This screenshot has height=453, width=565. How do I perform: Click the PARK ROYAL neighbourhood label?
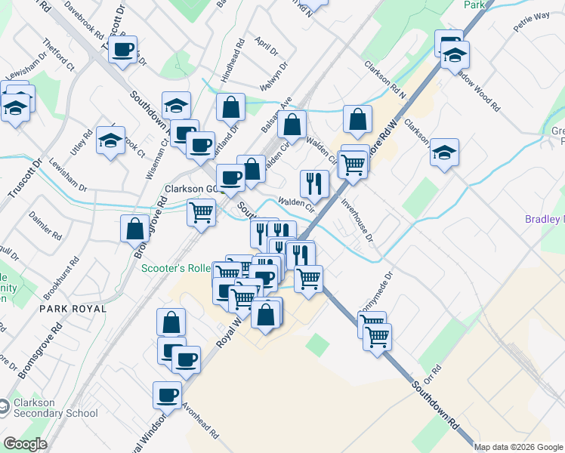[75, 309]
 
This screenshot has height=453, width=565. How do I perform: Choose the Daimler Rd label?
[45, 224]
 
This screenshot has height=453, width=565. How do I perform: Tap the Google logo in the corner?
[25, 444]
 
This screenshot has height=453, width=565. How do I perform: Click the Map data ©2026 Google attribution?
[518, 447]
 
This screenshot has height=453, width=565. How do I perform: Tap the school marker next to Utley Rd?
[110, 140]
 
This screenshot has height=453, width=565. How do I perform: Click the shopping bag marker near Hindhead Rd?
[230, 108]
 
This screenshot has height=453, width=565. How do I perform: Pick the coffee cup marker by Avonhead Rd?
[168, 394]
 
